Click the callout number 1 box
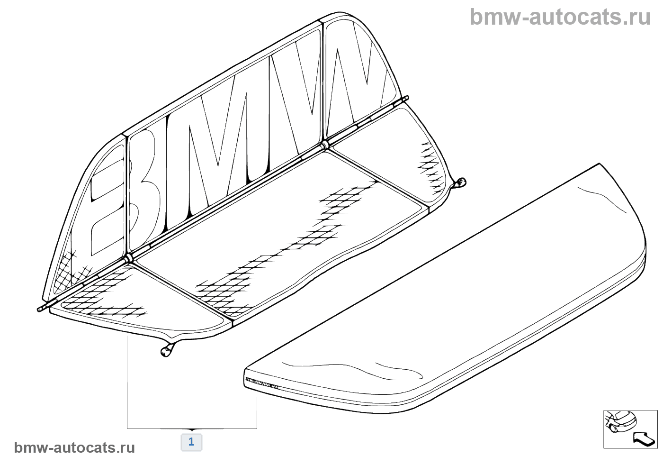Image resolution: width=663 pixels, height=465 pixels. tap(191, 442)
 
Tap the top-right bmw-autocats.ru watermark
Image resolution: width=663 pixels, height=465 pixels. tap(560, 17)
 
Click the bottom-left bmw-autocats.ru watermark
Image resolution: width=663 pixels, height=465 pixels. tap(74, 447)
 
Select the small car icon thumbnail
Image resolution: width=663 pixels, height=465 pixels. tap(622, 421)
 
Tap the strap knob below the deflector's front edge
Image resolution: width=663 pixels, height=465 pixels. tap(165, 351)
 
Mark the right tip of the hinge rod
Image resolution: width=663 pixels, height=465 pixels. tap(406, 98)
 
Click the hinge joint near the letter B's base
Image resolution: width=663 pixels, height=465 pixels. tap(128, 259)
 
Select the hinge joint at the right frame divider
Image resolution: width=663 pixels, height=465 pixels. tap(324, 144)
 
